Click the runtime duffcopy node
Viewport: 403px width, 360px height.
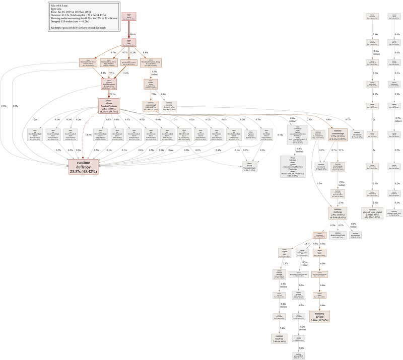point(84,167)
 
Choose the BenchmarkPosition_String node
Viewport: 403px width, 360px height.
point(151,62)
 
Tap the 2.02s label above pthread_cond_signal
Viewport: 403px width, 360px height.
point(375,202)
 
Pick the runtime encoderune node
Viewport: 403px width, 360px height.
point(357,136)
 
